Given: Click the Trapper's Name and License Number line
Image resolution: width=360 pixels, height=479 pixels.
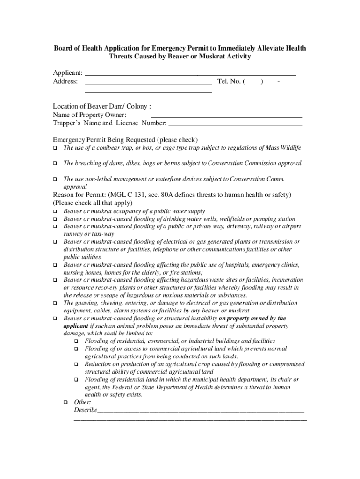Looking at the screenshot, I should click(x=235, y=123).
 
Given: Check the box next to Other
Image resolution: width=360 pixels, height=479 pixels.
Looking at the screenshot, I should click(x=65, y=402).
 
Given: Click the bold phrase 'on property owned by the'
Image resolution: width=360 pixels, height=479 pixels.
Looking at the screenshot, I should click(x=252, y=319).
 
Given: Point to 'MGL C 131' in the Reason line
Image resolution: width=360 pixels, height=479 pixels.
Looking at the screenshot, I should click(x=127, y=195).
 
